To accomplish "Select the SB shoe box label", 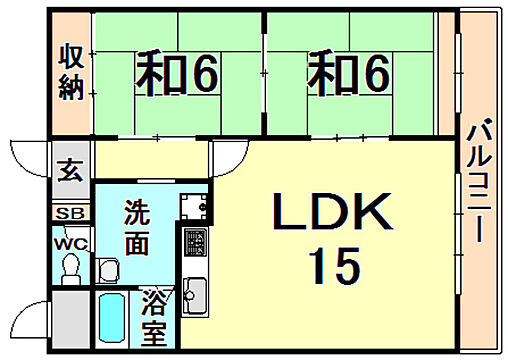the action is click(69, 214).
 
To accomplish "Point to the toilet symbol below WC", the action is click(69, 268).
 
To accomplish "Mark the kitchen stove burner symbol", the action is click(193, 244).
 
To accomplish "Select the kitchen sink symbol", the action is click(194, 294).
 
